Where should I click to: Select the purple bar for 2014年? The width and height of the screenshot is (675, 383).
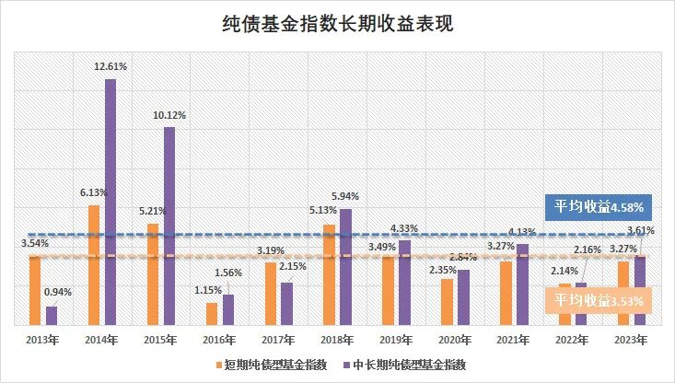coord(110,202)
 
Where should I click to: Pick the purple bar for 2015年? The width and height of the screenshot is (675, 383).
coord(169,226)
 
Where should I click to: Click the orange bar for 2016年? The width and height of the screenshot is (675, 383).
coord(212,313)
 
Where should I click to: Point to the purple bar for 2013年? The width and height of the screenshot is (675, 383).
coord(52,315)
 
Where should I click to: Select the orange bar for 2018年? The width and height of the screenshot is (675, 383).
coord(330,273)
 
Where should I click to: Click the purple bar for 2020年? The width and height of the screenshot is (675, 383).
coord(463,296)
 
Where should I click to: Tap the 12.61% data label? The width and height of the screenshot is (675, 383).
coord(111,67)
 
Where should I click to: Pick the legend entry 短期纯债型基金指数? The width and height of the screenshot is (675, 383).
coord(272,366)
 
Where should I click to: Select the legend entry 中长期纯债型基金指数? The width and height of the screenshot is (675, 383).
coord(404,366)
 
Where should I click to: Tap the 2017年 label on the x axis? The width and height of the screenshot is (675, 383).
coord(278,340)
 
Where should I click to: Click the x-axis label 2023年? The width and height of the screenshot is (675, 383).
coord(632,340)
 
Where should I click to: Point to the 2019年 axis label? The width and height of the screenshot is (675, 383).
coord(396,340)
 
